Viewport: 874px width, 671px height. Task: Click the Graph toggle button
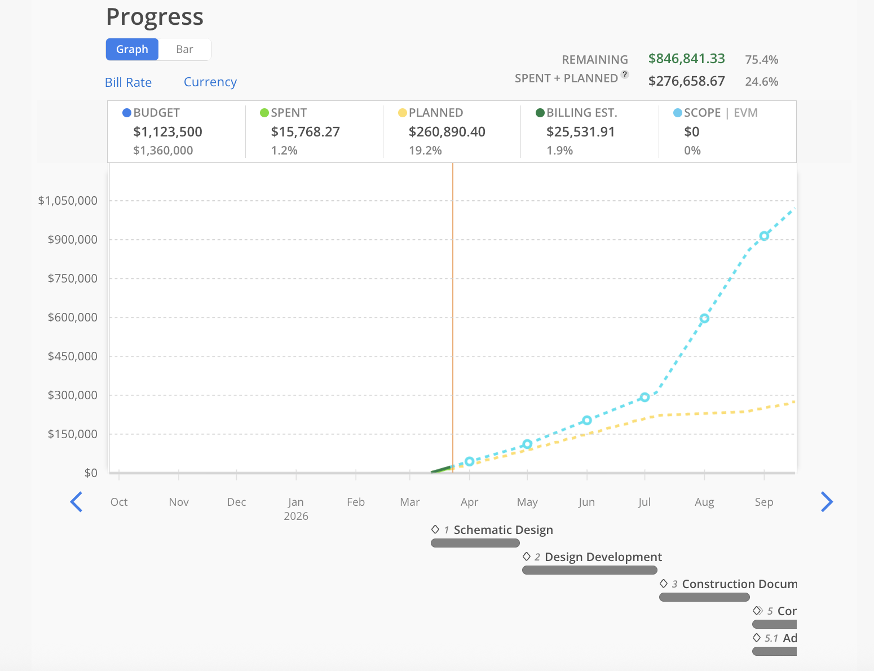(132, 49)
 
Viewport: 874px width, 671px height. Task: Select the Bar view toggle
(184, 49)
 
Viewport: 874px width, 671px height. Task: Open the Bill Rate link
(128, 82)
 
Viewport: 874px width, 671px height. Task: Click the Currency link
(210, 82)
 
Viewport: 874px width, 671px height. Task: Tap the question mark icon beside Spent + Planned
(625, 74)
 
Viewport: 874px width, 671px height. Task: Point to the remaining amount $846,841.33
(686, 59)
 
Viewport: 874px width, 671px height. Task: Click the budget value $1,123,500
(167, 132)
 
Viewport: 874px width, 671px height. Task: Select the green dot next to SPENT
(264, 113)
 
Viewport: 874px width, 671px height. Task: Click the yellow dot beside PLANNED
(402, 113)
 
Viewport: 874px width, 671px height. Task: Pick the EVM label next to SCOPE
(745, 113)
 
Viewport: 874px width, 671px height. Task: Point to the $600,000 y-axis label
(72, 317)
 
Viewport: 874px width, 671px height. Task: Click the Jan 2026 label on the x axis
(296, 508)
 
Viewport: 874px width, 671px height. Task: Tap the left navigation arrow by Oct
(76, 502)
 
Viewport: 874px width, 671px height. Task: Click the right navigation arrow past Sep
(827, 502)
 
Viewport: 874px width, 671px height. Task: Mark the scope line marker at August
(704, 319)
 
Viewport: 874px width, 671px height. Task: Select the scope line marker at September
(764, 236)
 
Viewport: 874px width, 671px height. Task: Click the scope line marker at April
(469, 461)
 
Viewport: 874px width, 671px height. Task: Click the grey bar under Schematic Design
(475, 543)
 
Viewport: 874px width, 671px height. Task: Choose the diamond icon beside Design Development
(527, 557)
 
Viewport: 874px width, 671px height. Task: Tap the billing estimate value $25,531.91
(580, 132)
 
